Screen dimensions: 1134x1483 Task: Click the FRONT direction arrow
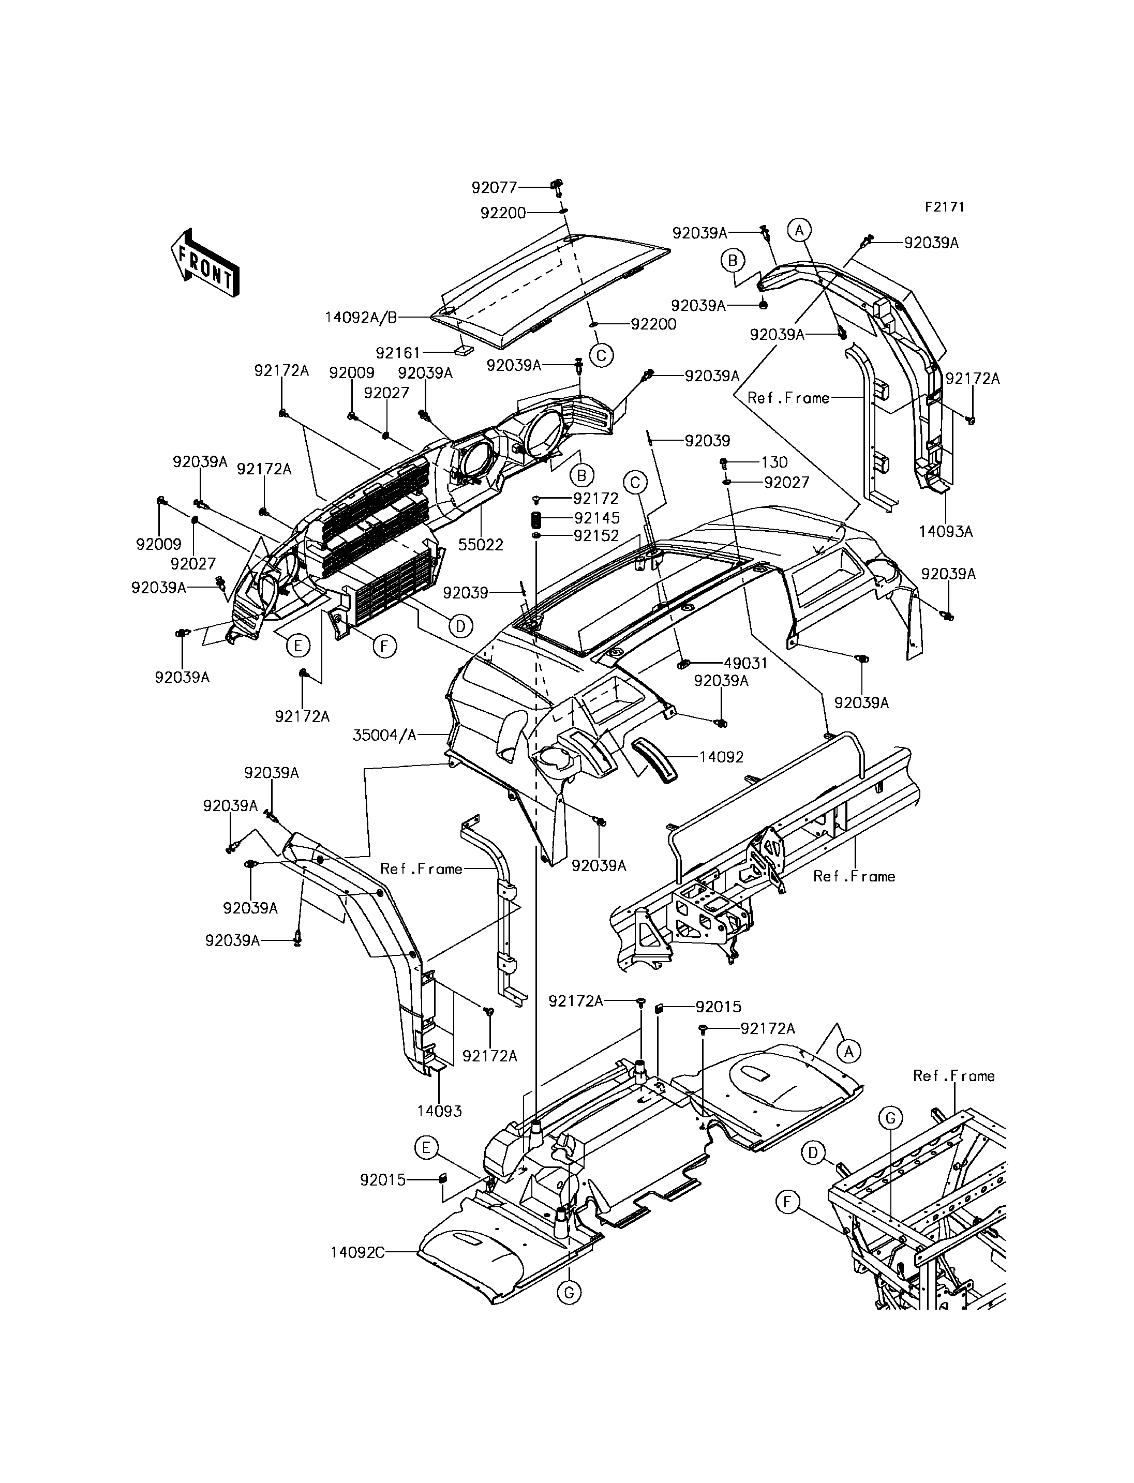click(204, 263)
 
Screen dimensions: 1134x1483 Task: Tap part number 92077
click(494, 188)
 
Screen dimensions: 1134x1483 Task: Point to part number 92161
click(398, 352)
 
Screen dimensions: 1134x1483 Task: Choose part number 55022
click(481, 545)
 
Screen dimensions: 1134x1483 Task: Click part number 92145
click(596, 518)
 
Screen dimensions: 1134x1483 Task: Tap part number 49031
click(746, 663)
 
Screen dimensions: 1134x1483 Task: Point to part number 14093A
click(946, 531)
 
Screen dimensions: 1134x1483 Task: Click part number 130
click(774, 462)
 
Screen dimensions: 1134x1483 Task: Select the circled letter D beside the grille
click(460, 626)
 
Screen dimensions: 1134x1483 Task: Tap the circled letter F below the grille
click(384, 647)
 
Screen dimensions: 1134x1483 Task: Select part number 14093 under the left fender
click(439, 1111)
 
